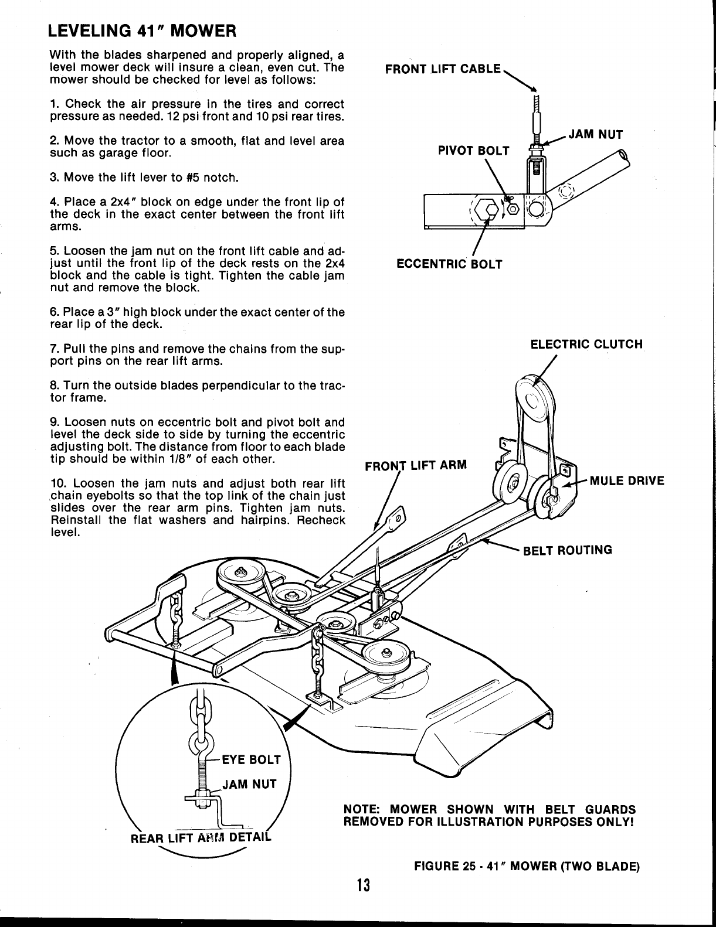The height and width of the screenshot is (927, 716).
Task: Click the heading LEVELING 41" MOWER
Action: pos(143,30)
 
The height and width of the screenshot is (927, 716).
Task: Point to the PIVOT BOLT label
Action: pos(474,151)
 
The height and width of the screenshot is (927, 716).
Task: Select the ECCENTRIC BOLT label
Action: pos(449,264)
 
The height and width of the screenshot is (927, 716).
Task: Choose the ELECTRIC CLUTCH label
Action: pos(586,344)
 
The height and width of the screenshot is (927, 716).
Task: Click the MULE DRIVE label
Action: pos(627,481)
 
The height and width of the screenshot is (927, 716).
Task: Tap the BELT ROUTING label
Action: pos(567,550)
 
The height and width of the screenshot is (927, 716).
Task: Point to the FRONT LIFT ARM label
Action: pos(416,466)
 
